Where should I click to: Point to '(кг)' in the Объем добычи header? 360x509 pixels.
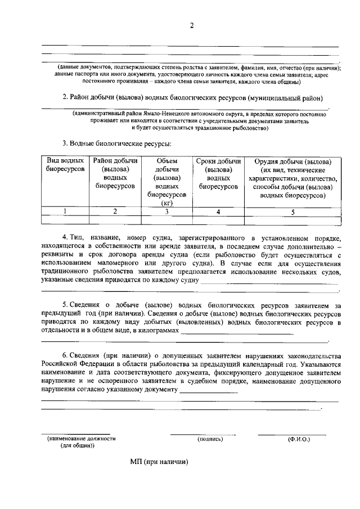click(166, 203)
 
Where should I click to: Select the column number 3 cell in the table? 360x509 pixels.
click(166, 211)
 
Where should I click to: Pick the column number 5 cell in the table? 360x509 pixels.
click(292, 211)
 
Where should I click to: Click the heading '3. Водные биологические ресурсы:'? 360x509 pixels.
click(116, 143)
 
